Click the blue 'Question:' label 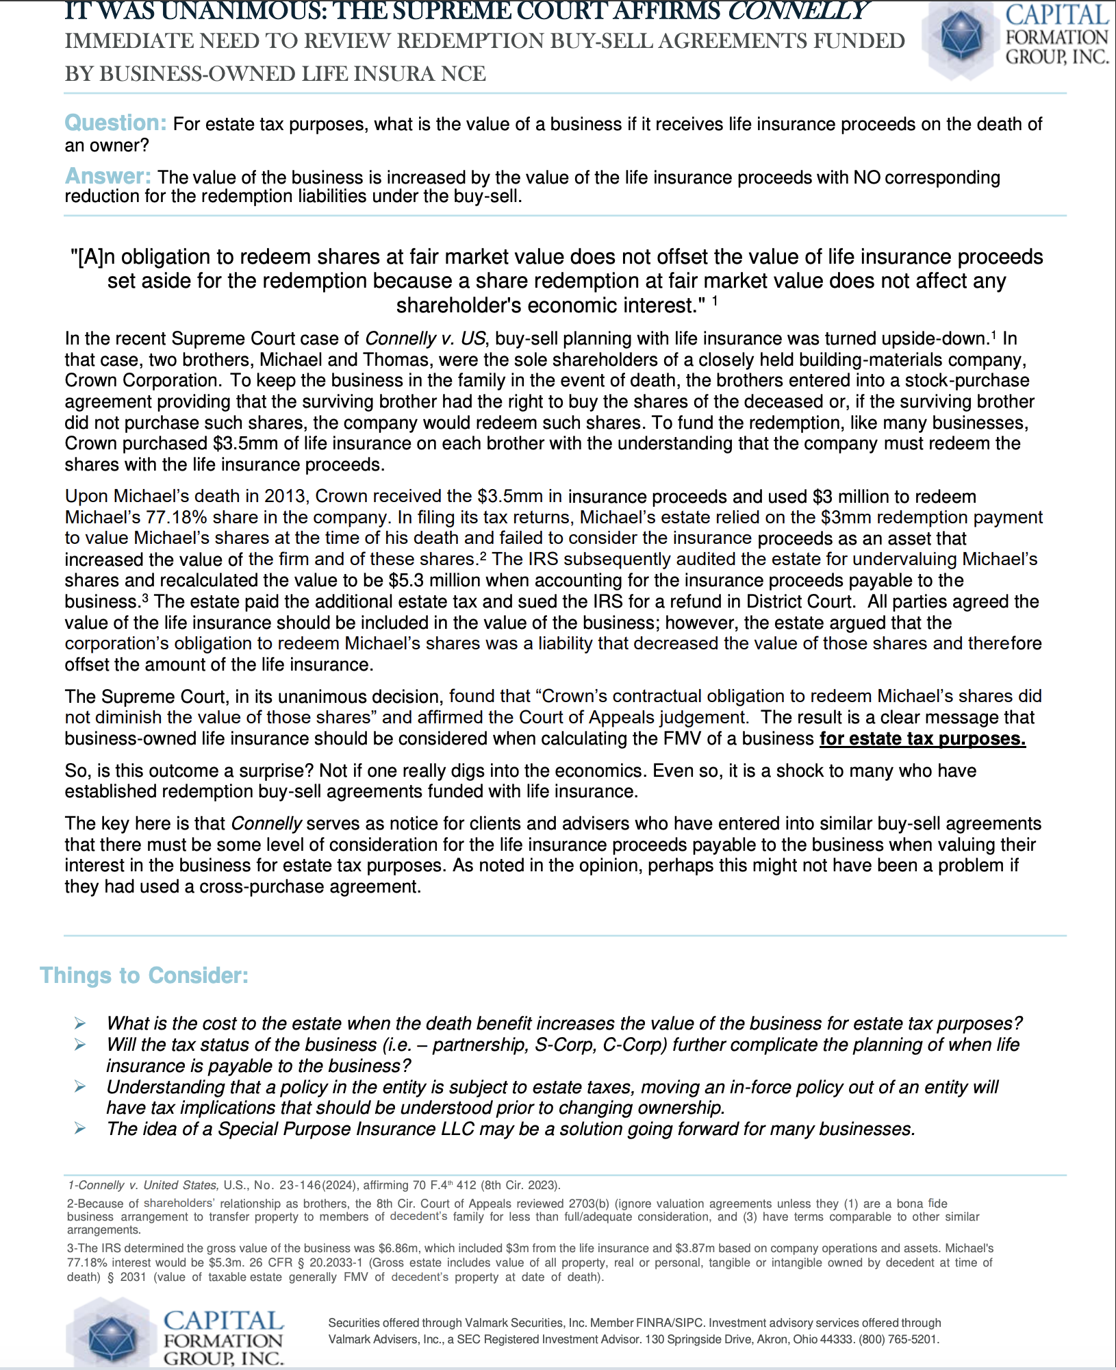click(115, 123)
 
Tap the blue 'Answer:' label click(107, 177)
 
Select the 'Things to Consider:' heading click(144, 975)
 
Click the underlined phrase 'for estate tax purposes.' click(922, 738)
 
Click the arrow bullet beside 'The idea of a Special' click(80, 1129)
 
